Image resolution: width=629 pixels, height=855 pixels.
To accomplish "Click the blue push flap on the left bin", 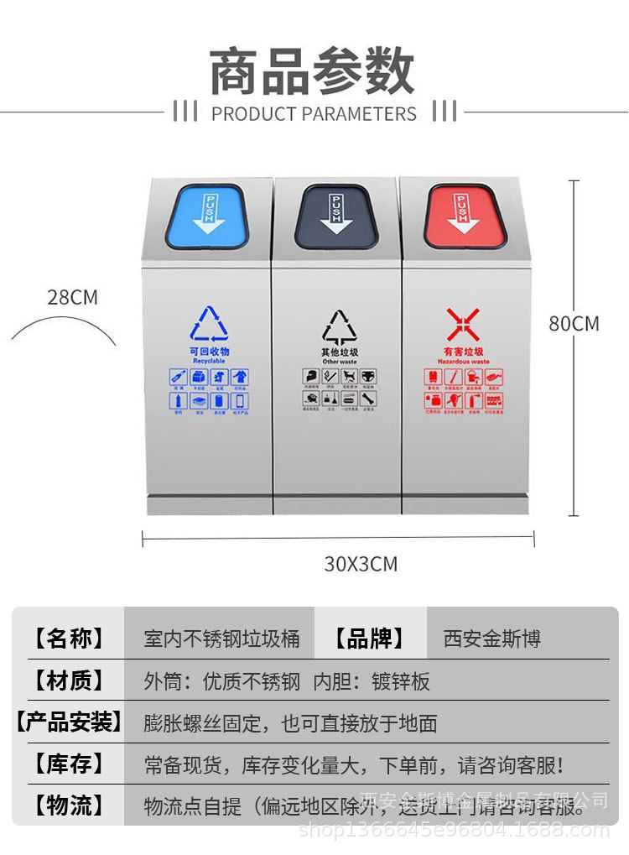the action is [x=207, y=216].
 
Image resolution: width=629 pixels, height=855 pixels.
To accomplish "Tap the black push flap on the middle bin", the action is [x=336, y=216].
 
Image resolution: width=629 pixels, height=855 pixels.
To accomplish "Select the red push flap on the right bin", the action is [x=465, y=216].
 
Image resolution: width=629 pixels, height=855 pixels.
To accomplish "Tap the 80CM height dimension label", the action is [x=574, y=323].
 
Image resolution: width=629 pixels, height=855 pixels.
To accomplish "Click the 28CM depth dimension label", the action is [x=72, y=297].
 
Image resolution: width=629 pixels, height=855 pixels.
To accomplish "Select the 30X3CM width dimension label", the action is [x=361, y=564].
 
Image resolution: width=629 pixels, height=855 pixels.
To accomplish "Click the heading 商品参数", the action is [x=313, y=70].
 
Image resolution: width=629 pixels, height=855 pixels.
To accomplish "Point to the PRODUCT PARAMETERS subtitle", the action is [x=314, y=113].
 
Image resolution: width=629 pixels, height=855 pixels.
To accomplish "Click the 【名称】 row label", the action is [x=69, y=639].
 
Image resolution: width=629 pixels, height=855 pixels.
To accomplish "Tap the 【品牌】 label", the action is [x=370, y=639].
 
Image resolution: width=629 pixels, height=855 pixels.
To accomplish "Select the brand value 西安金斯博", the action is [x=492, y=639].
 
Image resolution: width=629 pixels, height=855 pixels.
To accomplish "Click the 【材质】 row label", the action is [x=69, y=680].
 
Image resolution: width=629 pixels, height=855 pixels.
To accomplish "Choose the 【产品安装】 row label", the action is [x=69, y=722].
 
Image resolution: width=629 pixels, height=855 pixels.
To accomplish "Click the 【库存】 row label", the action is [x=69, y=764].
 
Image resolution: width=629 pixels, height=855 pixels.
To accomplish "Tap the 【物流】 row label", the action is [x=69, y=806].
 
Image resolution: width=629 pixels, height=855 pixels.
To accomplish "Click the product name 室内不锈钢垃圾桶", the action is [x=221, y=639].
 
